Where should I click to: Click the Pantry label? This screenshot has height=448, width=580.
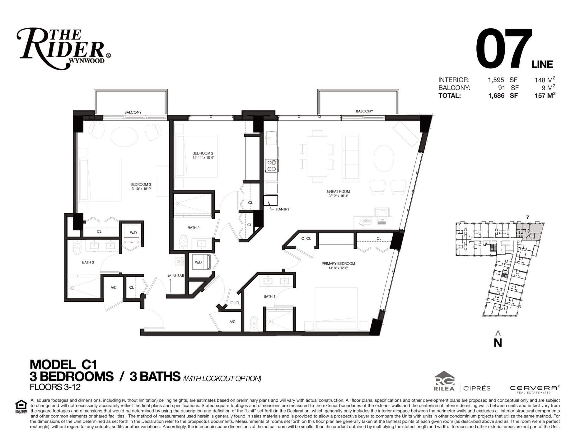pos(283,209)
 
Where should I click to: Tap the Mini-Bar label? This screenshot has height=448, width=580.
pos(175,276)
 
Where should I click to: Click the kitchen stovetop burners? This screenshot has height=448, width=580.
pos(271,166)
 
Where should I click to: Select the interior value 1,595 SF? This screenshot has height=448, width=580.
pos(503,80)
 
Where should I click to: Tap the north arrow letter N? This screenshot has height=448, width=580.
pos(498,343)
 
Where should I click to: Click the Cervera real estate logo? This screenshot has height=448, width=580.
pos(535,389)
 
